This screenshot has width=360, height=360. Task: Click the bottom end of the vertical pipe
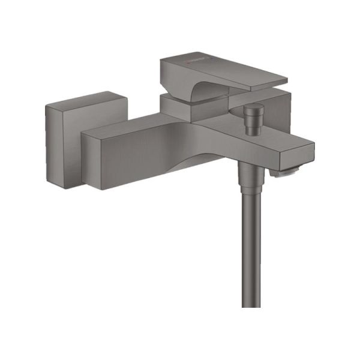[x=250, y=303]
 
